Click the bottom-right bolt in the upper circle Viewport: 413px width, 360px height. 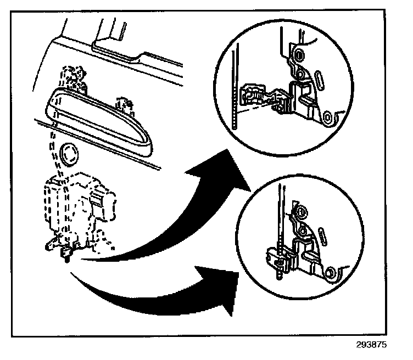click(330, 116)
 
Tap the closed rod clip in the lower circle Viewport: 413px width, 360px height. click(278, 258)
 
